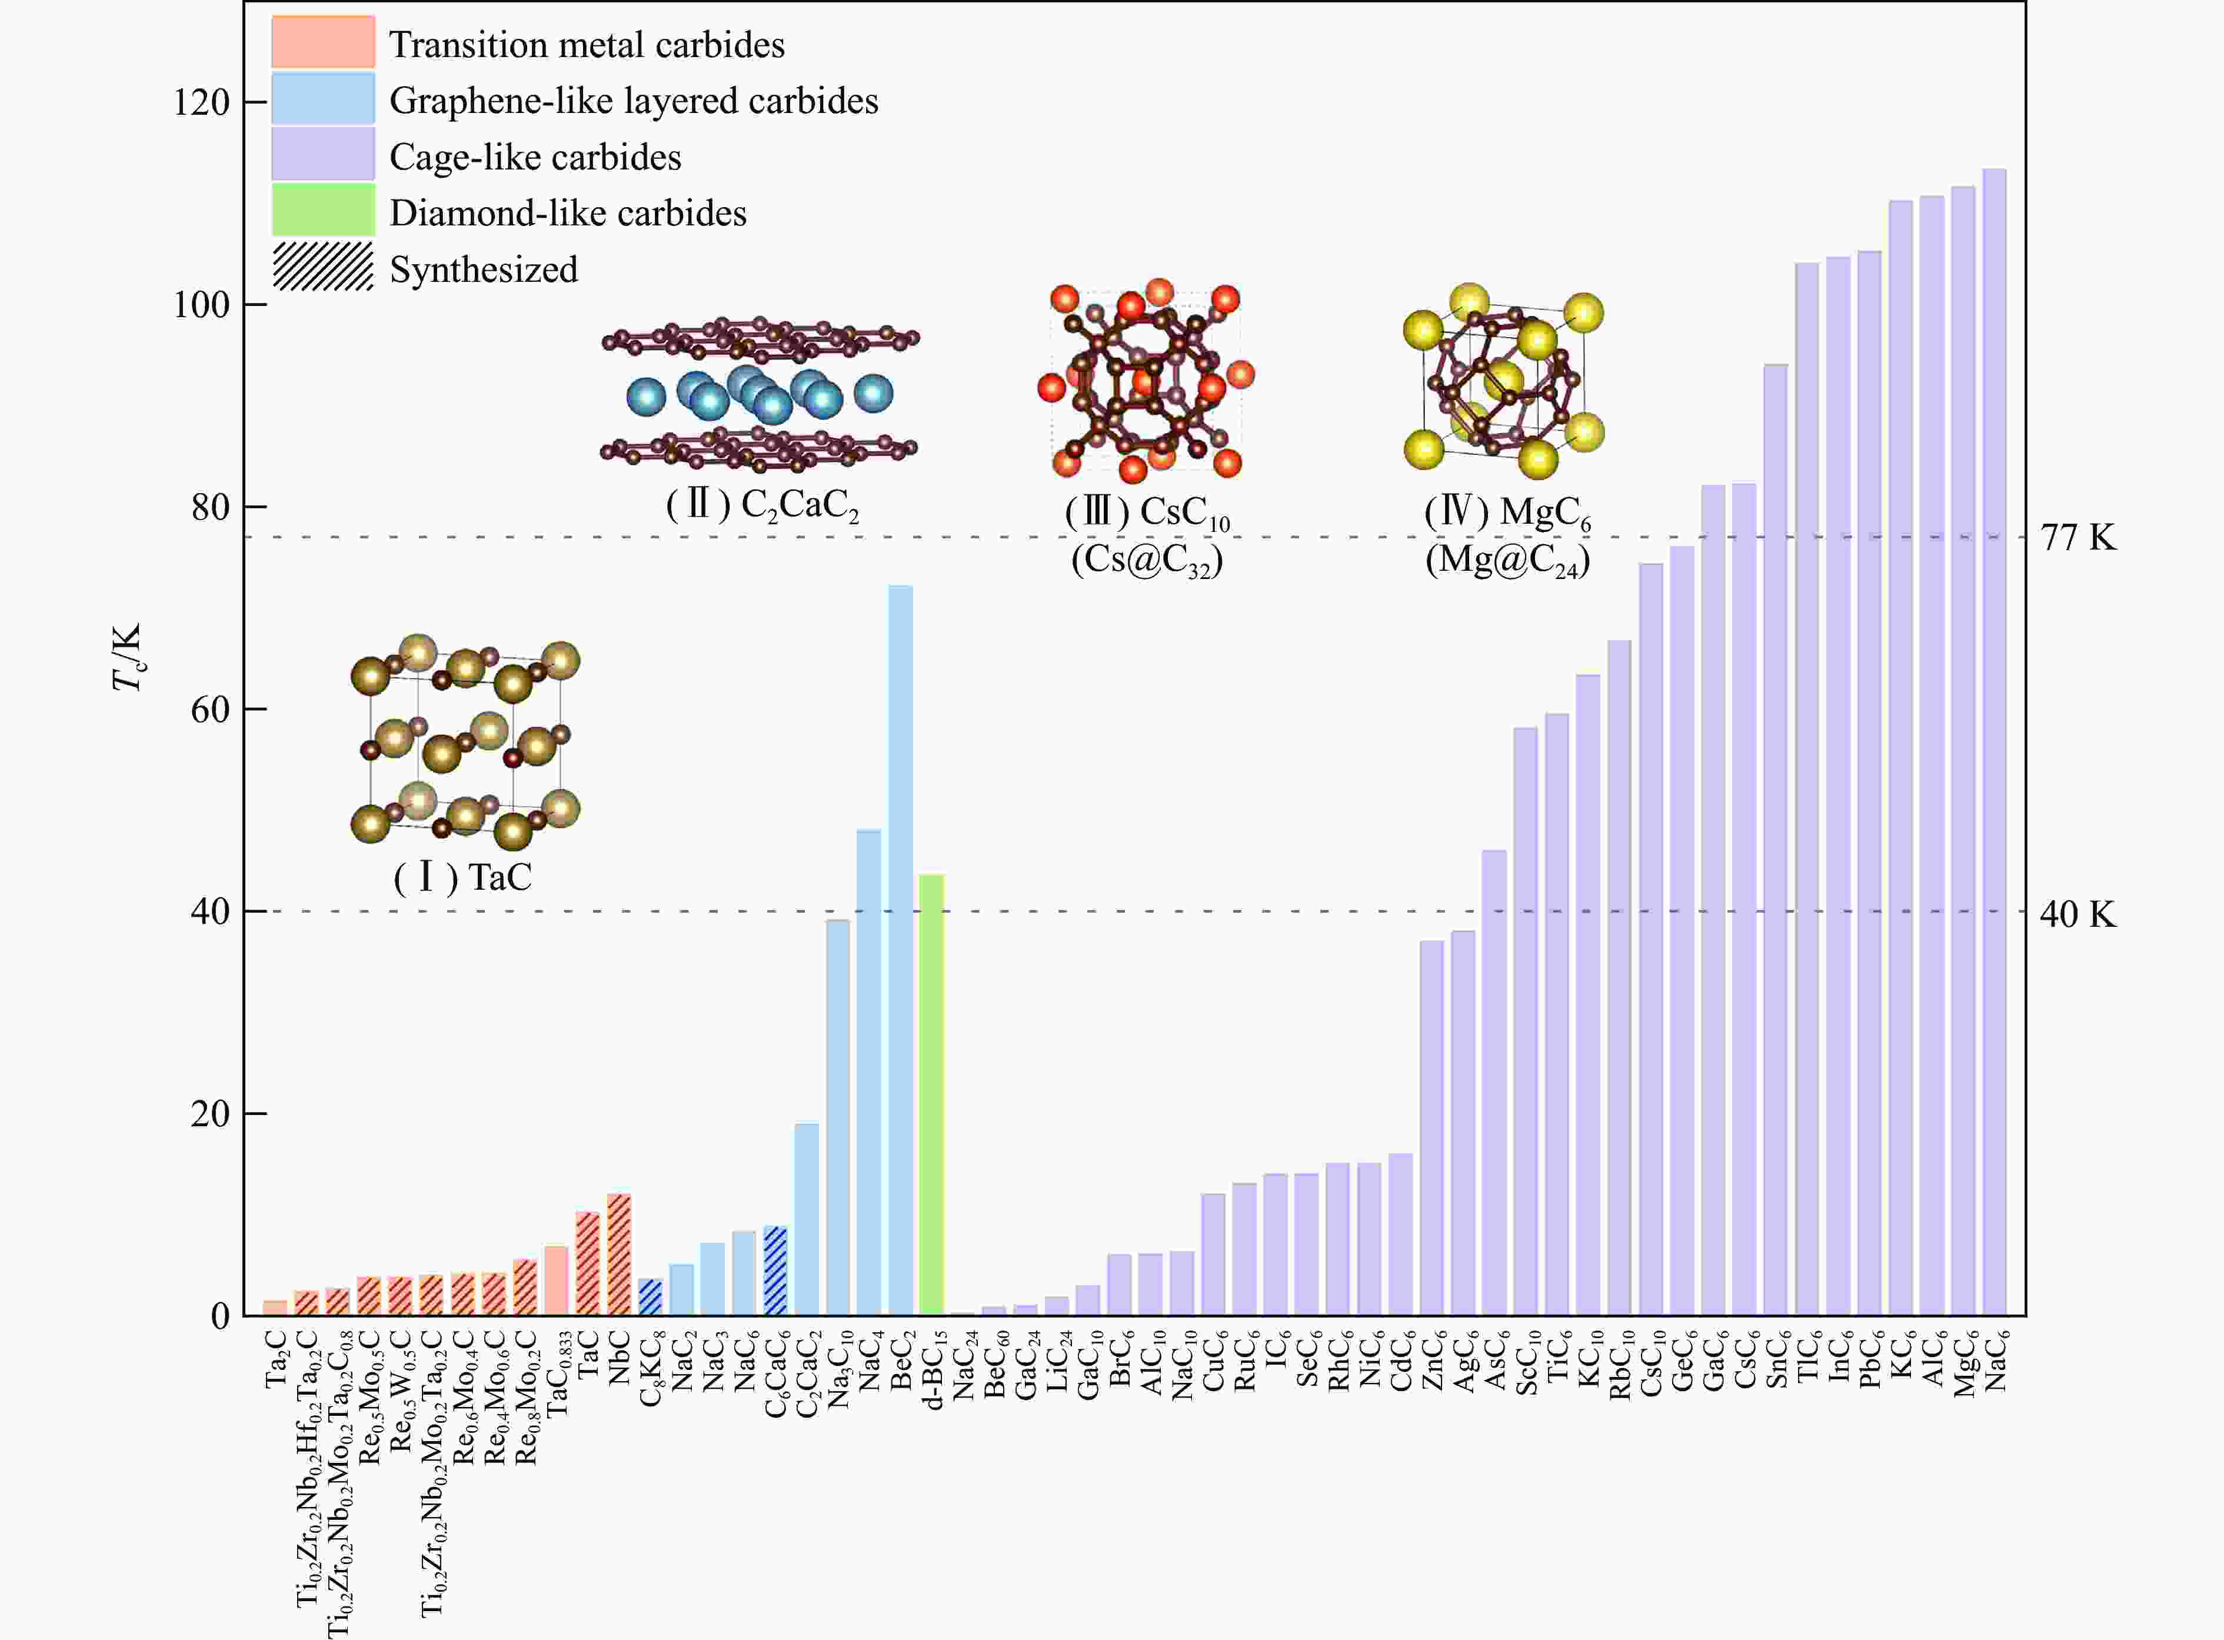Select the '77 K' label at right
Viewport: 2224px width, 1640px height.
pos(2077,537)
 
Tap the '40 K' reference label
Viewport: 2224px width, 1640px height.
pos(2077,913)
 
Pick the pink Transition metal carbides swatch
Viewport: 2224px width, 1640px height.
pos(322,42)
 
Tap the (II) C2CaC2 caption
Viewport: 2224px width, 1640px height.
pos(761,505)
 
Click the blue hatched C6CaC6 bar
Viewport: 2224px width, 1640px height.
pos(775,1270)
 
